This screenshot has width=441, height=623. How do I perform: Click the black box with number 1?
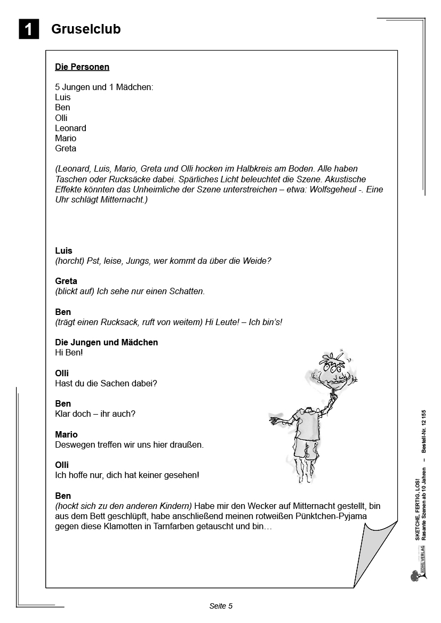pyautogui.click(x=29, y=29)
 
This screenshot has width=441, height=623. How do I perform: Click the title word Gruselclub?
pyautogui.click(x=86, y=29)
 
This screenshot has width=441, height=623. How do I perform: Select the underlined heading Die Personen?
pyautogui.click(x=82, y=67)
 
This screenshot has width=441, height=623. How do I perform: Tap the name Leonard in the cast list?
pyautogui.click(x=70, y=128)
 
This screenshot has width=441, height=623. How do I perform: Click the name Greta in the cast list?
pyautogui.click(x=66, y=148)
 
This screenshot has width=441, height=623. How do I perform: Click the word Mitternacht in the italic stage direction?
pyautogui.click(x=122, y=200)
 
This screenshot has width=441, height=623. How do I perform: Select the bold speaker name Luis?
pyautogui.click(x=63, y=250)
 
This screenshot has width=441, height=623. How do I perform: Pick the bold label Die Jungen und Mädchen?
pyautogui.click(x=107, y=342)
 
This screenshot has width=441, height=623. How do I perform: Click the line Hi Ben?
pyautogui.click(x=69, y=352)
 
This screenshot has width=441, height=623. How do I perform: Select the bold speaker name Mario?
pyautogui.click(x=66, y=434)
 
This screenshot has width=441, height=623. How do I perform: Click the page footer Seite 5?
pyautogui.click(x=221, y=606)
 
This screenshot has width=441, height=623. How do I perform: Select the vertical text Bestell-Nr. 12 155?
pyautogui.click(x=424, y=432)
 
